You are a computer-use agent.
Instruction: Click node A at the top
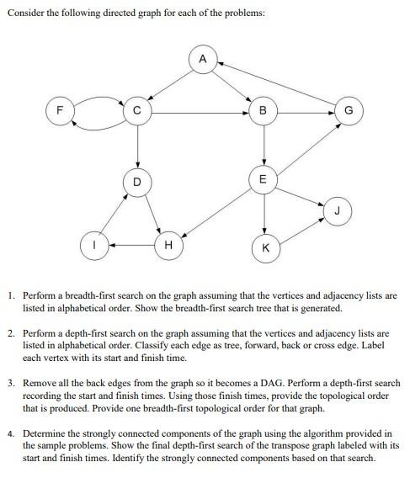[202, 60]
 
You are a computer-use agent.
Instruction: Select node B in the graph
[264, 111]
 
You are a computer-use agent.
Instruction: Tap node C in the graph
[136, 111]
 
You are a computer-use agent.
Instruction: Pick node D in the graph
[136, 181]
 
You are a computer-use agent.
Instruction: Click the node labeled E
[264, 179]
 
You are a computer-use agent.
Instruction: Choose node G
[349, 111]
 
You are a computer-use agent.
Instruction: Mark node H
[168, 246]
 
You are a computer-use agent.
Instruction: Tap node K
[266, 247]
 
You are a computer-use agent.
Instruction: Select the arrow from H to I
[130, 246]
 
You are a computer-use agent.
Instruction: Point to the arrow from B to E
[264, 145]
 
